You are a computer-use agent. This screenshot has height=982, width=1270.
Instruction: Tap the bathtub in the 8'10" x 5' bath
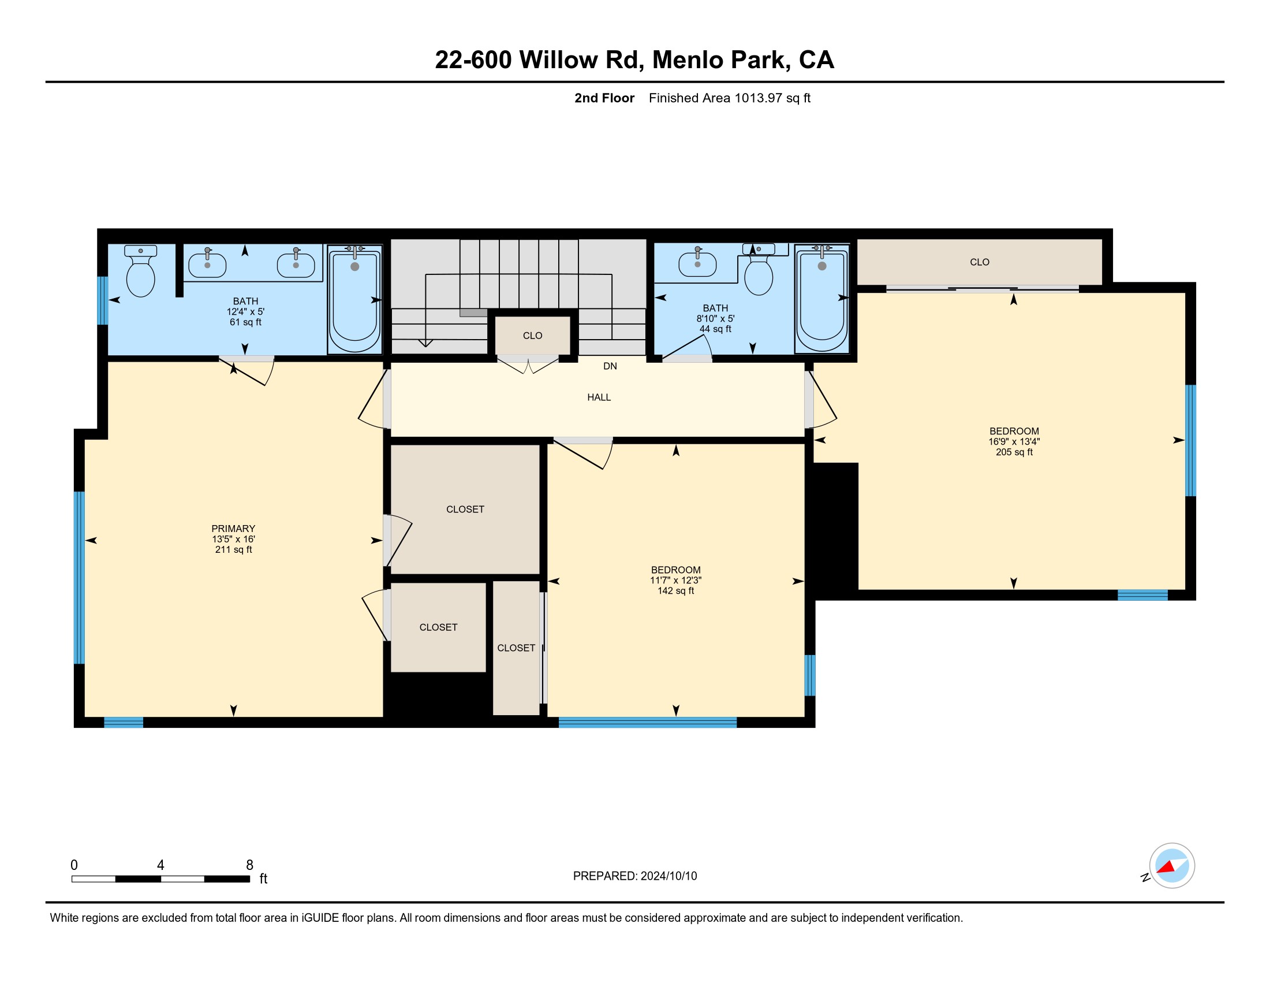(x=821, y=298)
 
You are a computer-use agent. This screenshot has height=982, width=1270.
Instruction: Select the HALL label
(x=599, y=397)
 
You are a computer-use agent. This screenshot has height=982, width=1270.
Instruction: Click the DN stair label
(x=610, y=366)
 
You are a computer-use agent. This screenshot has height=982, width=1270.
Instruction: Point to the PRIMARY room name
(x=233, y=528)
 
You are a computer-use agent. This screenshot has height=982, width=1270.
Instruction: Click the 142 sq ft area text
(x=676, y=590)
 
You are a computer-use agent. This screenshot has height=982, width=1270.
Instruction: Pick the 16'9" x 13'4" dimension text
(x=1014, y=441)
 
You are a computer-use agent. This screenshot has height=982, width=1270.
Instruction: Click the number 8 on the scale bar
(x=249, y=865)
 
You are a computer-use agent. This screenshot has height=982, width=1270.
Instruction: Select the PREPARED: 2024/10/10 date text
(x=635, y=876)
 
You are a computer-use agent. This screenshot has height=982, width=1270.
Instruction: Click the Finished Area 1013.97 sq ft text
(x=730, y=98)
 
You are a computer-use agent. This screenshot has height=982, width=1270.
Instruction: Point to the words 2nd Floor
(x=604, y=98)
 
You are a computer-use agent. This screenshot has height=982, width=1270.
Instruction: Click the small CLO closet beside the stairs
(x=533, y=335)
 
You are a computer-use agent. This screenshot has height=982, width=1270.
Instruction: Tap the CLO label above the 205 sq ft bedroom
(x=980, y=262)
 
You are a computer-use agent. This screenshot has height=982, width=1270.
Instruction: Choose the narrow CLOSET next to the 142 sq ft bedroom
(x=517, y=648)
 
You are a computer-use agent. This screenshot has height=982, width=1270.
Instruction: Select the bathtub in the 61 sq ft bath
(x=354, y=299)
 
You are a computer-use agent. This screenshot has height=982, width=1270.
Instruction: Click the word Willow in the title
(x=558, y=60)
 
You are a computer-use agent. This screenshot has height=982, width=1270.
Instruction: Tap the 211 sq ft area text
(x=233, y=549)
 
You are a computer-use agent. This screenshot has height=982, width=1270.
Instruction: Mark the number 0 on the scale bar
(x=74, y=865)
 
